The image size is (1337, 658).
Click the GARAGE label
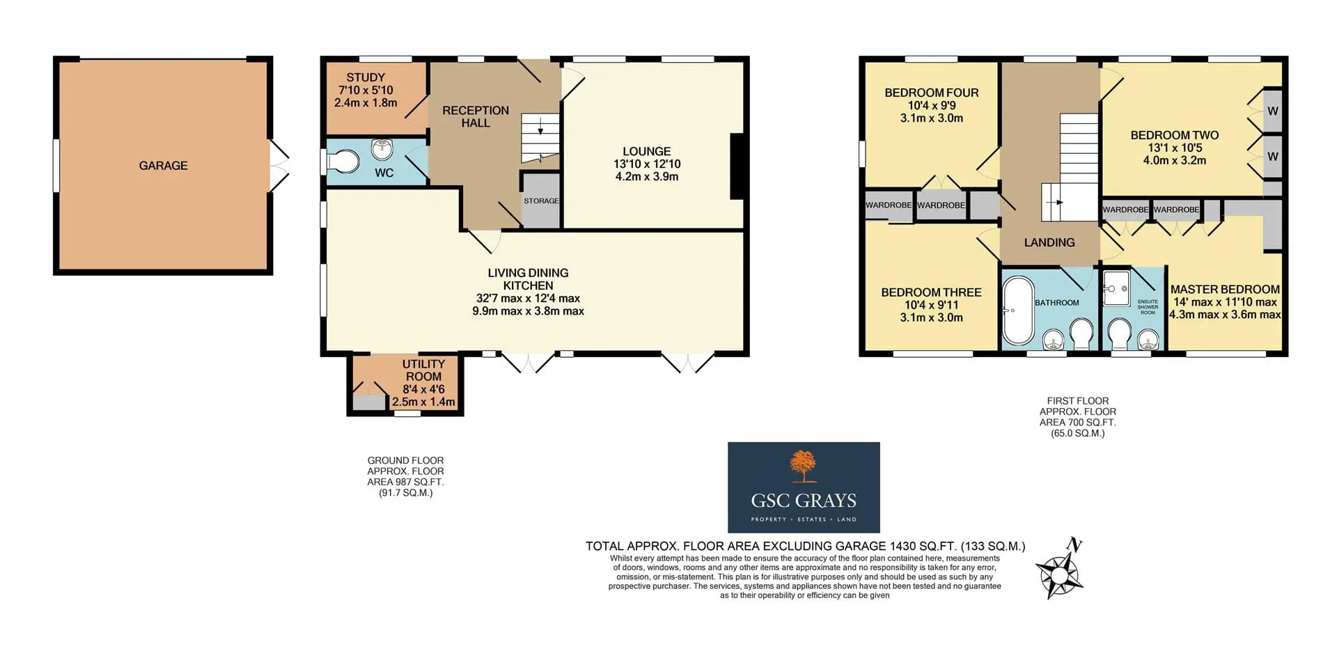(x=163, y=166)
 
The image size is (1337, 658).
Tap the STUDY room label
(x=366, y=78)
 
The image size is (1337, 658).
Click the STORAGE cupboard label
(x=541, y=201)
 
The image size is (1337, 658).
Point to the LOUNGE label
(x=647, y=152)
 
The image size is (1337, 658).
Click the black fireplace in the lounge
(x=736, y=167)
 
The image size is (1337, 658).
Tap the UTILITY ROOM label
(x=423, y=370)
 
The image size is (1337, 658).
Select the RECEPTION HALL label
(x=476, y=117)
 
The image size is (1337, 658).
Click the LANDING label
(x=1049, y=242)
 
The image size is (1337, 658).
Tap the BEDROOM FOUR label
(x=932, y=93)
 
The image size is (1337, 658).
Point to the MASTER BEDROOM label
(x=1225, y=290)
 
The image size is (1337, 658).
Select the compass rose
(x=1060, y=570)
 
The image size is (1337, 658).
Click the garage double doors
(x=279, y=166)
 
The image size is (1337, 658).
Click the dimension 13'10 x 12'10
(x=647, y=164)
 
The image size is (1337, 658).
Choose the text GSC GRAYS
(x=804, y=501)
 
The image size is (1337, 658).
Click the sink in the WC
(x=382, y=148)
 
